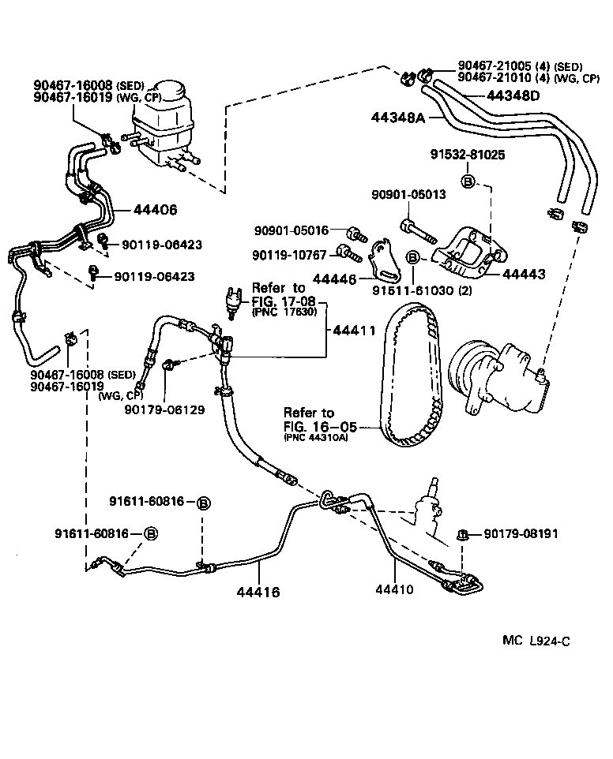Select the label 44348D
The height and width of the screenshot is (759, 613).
click(513, 96)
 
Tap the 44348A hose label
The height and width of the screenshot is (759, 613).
click(399, 118)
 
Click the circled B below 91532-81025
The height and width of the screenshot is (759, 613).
click(467, 181)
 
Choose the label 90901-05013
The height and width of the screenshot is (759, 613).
click(408, 194)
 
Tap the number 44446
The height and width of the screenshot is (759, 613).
click(335, 279)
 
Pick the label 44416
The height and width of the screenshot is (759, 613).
click(258, 589)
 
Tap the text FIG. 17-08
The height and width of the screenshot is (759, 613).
click(288, 301)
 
